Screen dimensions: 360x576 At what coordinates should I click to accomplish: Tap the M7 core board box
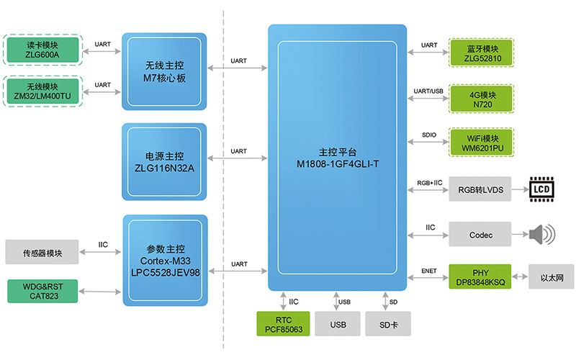(165, 71)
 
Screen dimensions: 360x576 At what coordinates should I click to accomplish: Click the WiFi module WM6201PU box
(482, 142)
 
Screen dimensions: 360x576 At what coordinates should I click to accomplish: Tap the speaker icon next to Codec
(542, 235)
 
